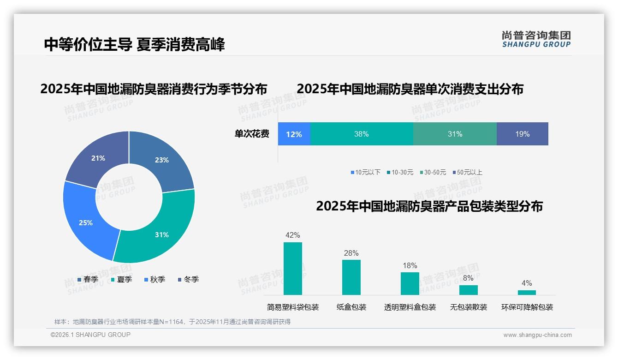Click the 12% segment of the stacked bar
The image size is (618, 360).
pos(294,134)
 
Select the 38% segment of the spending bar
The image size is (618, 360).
pos(362,134)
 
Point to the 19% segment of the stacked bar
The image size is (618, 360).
pos(522,134)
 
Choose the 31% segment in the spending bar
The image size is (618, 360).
pos(455,134)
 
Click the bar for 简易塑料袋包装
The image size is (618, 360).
pos(293,269)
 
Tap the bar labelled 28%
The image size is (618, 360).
pos(351,277)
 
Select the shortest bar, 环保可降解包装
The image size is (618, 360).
pos(527,292)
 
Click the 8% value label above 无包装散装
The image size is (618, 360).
pos(468,278)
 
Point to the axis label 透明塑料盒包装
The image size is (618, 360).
pos(410,307)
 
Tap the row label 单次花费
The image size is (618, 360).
pos(252,134)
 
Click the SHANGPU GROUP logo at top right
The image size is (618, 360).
pos(536,39)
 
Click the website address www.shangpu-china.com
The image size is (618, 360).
pos(537,335)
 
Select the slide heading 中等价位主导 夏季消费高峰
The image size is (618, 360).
pos(134,44)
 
